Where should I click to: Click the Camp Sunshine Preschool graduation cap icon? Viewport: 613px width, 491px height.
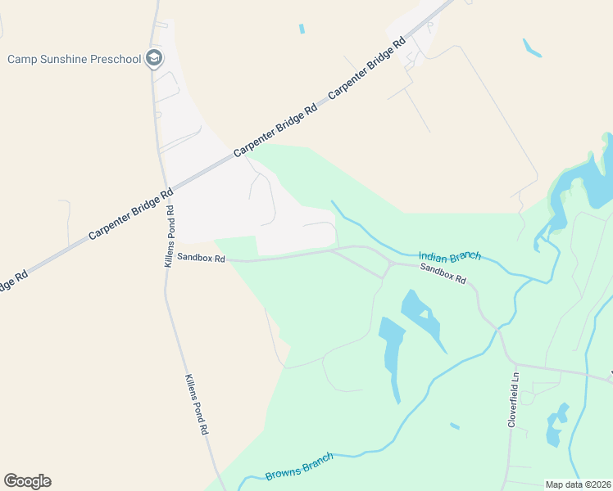point(154,59)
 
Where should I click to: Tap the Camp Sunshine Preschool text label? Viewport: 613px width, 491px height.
point(74,59)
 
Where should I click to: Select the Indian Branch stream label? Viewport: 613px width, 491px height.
point(450,256)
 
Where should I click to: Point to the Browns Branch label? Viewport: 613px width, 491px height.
point(299,466)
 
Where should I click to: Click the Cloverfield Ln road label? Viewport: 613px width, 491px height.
point(513,400)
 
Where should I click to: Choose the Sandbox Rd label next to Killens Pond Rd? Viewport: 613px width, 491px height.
point(201,259)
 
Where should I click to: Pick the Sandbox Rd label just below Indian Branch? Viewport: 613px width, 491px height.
point(443,273)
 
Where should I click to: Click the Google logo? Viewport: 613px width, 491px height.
point(27,481)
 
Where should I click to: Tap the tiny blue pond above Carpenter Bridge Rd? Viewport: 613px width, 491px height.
point(302,29)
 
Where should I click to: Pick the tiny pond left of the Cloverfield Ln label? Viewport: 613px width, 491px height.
point(454,426)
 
